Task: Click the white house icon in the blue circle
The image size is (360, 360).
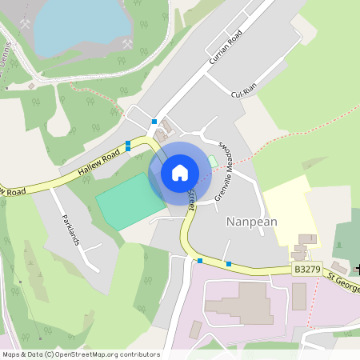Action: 180,172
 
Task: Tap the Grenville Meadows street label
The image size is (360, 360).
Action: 225,168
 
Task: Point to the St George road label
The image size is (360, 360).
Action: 342,282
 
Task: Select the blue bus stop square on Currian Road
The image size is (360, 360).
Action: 154,122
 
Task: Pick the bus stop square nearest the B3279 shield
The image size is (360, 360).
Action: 229,264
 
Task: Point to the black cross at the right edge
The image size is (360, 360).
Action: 357,269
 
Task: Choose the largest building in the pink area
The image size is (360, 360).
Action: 239,304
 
